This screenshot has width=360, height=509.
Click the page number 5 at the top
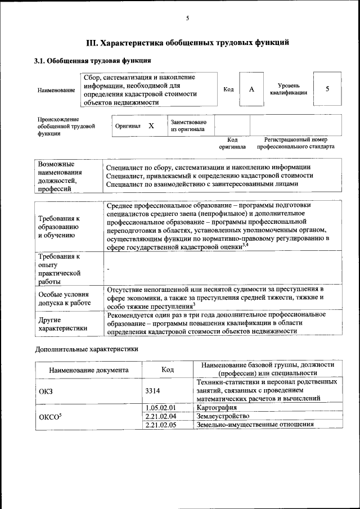(x=187, y=19)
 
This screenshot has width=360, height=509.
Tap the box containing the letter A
(x=251, y=89)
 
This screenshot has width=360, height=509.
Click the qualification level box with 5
(x=327, y=89)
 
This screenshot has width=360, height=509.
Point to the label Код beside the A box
(x=228, y=89)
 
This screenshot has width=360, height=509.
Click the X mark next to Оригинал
(x=151, y=126)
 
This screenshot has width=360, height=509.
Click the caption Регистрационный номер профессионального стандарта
(x=295, y=143)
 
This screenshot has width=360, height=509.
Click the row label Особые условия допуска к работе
(x=65, y=298)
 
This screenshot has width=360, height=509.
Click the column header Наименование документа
(x=89, y=370)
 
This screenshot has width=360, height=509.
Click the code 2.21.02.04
(x=161, y=416)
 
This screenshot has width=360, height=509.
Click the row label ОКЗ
(x=46, y=391)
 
